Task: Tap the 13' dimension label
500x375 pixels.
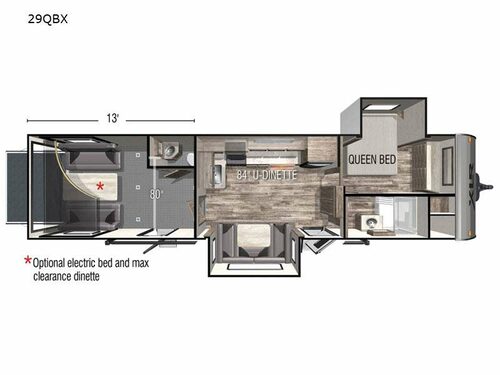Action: coord(117,118)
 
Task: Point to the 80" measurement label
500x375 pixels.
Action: coord(155,194)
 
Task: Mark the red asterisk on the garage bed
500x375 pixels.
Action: coord(98,186)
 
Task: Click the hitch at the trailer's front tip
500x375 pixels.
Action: coord(487,185)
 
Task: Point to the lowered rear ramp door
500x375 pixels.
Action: coord(14,186)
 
